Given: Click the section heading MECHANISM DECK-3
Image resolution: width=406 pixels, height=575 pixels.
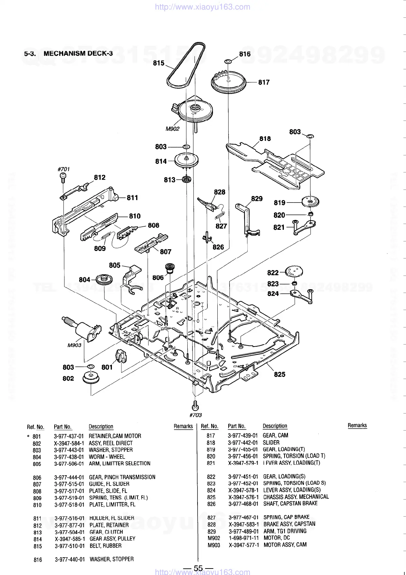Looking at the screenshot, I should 78,53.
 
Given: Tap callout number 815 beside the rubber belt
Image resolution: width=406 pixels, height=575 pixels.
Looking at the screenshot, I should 159,63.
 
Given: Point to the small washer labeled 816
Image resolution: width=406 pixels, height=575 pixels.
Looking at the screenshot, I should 228,61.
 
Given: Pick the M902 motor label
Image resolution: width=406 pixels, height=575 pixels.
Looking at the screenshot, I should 172,129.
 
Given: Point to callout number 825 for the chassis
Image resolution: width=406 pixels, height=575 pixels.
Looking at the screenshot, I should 279,374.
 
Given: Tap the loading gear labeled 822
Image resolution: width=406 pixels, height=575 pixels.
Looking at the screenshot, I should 294,272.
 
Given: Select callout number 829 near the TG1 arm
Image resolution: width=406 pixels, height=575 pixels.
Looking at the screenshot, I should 257,199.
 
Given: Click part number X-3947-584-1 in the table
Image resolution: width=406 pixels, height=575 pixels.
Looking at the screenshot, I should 69,443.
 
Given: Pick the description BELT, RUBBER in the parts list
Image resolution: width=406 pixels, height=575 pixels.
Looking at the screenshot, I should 105,546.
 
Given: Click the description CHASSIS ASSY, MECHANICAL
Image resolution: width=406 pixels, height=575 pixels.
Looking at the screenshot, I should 296,497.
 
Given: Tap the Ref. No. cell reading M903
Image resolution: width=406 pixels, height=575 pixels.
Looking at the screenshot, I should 214,545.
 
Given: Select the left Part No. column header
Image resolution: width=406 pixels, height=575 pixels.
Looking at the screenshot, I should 63,427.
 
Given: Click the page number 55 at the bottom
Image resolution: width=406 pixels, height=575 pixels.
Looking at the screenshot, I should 198,568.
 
